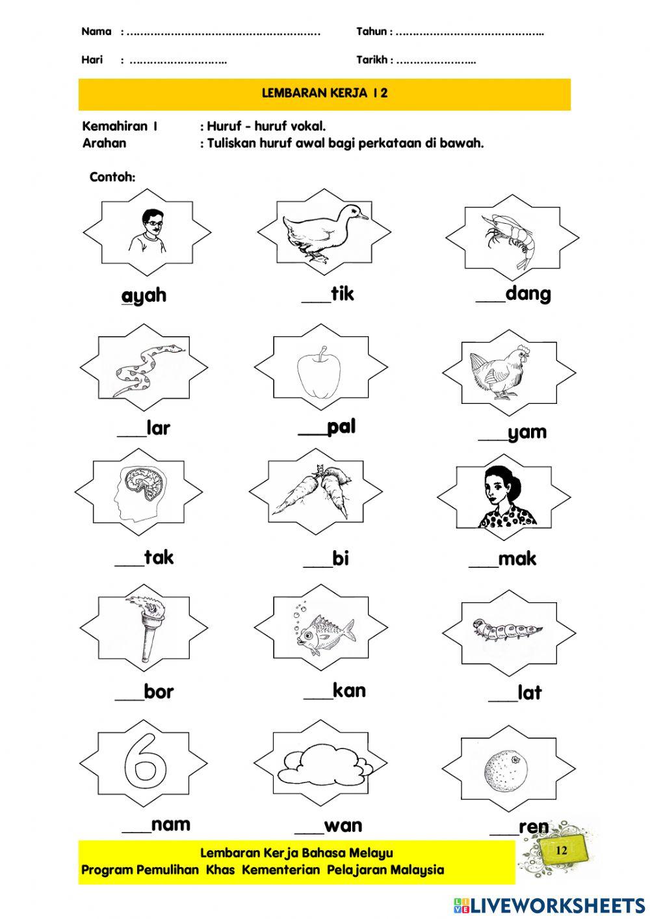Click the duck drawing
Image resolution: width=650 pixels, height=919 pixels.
[321, 233]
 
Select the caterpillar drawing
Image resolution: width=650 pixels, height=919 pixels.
[507, 630]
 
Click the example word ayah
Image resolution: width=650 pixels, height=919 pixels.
[144, 295]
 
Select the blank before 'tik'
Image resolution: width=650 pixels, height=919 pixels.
[316, 299]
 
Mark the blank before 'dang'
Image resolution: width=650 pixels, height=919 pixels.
[489, 299]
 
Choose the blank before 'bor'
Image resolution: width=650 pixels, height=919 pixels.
[129, 697]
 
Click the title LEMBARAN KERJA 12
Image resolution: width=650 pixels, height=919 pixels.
[324, 93]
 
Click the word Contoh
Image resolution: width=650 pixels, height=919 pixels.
[112, 177]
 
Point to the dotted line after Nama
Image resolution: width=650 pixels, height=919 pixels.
[224, 32]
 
